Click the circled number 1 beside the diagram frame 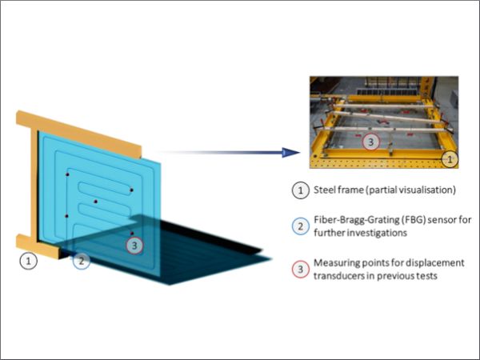click(29, 260)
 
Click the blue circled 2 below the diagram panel click(82, 260)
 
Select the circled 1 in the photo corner click(450, 160)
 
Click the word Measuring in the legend click(339, 263)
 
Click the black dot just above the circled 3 click(132, 233)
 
